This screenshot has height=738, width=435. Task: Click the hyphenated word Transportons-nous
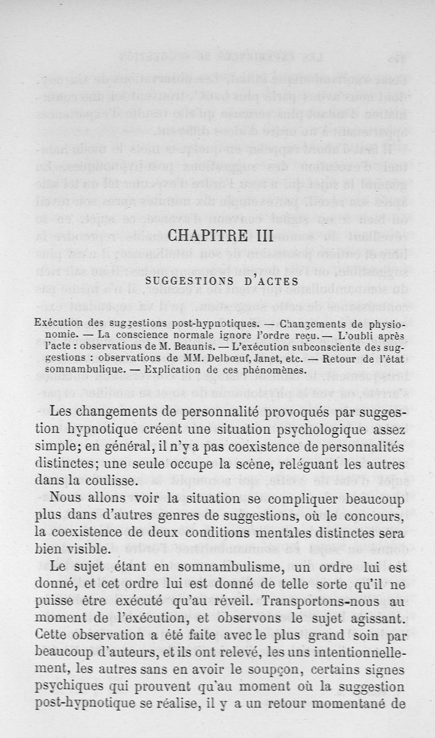click(333, 599)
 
